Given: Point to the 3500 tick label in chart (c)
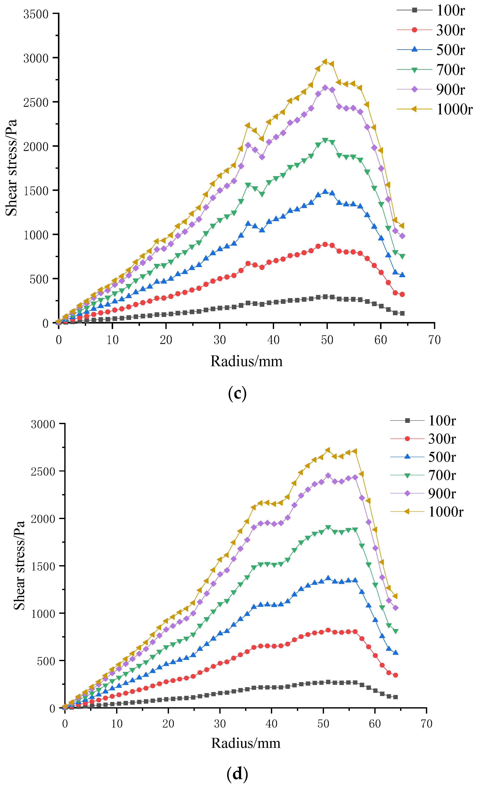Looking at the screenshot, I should point(36,14).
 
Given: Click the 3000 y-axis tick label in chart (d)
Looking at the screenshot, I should point(43,424).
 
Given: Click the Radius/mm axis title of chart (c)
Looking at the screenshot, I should point(246,361).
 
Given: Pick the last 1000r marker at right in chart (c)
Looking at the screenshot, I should point(402,226).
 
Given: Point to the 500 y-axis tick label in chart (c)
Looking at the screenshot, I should point(39,279).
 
